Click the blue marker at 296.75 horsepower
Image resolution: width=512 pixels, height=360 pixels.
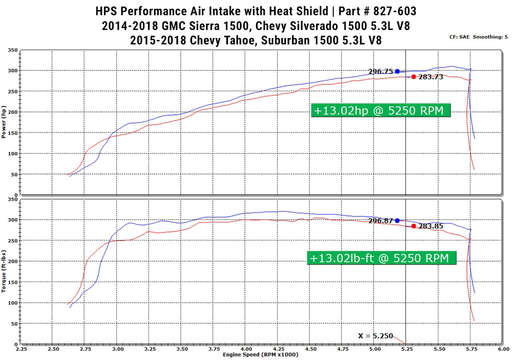click(397, 71)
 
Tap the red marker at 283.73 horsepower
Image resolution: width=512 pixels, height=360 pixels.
click(413, 76)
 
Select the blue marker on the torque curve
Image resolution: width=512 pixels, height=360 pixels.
click(397, 220)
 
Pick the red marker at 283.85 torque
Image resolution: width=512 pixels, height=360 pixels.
click(413, 226)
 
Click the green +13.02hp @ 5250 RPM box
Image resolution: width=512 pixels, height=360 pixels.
click(380, 110)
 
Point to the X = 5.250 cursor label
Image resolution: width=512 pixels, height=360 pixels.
click(375, 336)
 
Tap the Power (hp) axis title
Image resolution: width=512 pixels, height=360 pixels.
click(4, 122)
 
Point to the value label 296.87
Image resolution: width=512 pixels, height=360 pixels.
click(381, 220)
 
